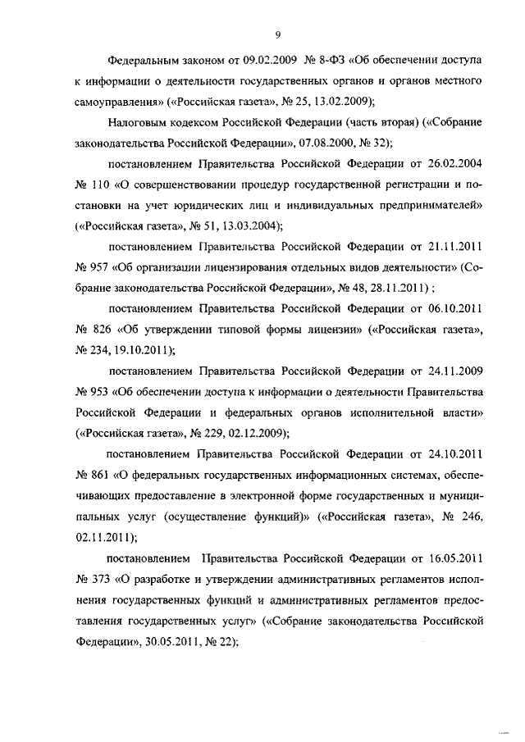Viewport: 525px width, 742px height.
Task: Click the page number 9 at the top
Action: [x=278, y=34]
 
